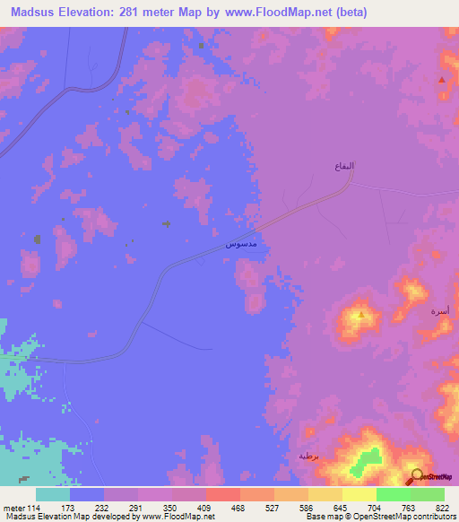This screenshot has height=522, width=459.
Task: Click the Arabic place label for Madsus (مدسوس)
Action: coord(241,244)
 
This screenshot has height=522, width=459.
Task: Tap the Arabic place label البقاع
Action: coord(344,167)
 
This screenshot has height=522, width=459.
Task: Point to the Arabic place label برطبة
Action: coord(309,456)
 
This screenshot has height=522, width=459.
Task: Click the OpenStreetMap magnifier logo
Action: coord(417,477)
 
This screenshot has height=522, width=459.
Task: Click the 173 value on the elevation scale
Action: coord(87,509)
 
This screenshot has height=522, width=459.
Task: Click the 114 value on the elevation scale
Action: coord(35,509)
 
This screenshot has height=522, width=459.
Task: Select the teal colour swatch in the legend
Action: coord(53,494)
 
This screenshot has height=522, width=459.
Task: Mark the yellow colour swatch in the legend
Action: coord(359,494)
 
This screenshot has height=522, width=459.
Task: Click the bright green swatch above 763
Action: coord(394,494)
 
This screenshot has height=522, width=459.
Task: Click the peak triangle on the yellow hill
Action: coord(360,315)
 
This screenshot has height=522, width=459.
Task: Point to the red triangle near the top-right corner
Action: coord(442,80)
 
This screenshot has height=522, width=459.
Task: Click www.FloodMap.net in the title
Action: coord(284,13)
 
